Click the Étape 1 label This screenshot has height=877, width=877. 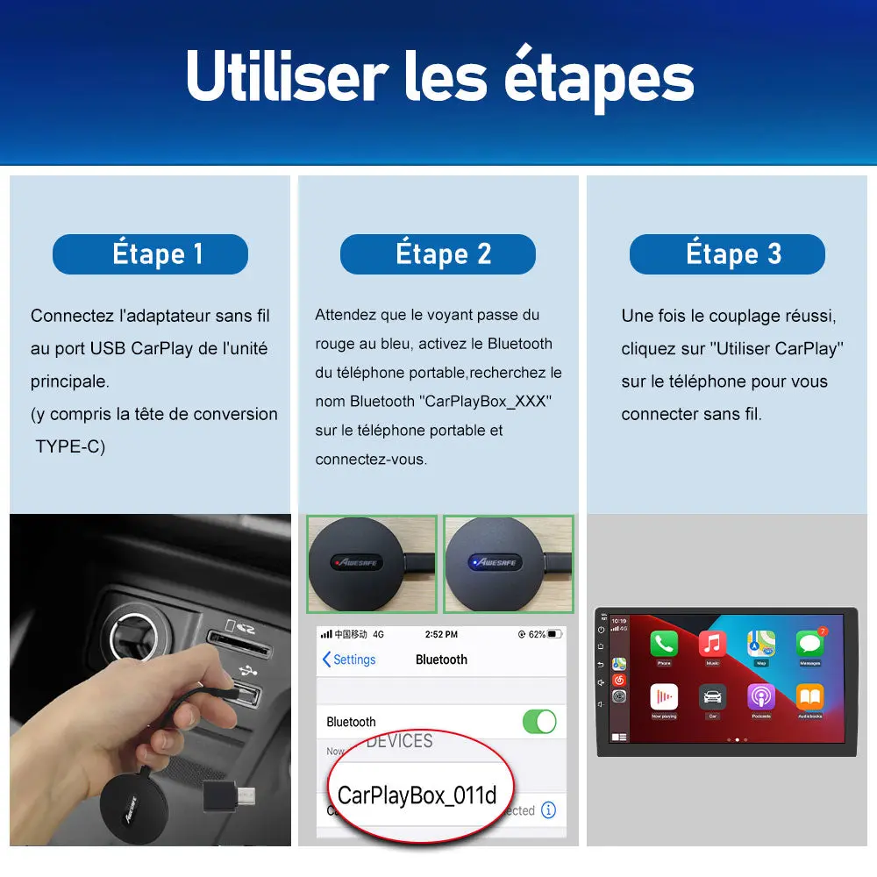click(150, 254)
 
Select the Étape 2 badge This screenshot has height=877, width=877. click(438, 254)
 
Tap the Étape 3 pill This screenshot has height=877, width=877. click(727, 254)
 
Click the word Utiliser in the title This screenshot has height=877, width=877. click(287, 77)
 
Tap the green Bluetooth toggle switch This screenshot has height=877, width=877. click(539, 721)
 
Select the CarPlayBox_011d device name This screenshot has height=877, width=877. click(417, 795)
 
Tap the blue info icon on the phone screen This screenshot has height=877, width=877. click(549, 810)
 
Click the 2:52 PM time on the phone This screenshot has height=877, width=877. click(440, 634)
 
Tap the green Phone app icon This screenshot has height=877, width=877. click(664, 645)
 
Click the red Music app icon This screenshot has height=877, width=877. click(712, 645)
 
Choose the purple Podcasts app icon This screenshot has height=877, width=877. click(760, 697)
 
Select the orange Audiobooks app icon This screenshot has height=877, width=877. click(809, 697)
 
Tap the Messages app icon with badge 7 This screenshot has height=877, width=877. click(809, 645)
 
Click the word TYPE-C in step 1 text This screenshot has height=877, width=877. click(70, 446)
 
